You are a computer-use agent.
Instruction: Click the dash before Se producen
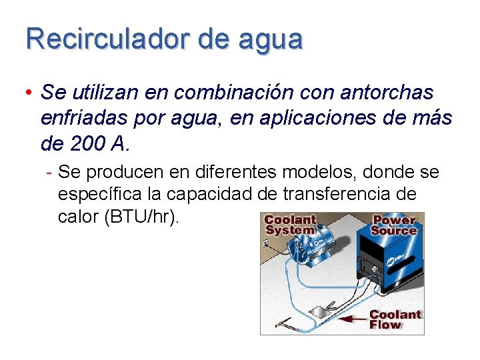click(x=50, y=173)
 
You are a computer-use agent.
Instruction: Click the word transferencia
click(x=345, y=195)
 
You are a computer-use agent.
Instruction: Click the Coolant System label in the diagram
click(x=289, y=224)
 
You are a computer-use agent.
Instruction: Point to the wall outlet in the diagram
click(x=266, y=244)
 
